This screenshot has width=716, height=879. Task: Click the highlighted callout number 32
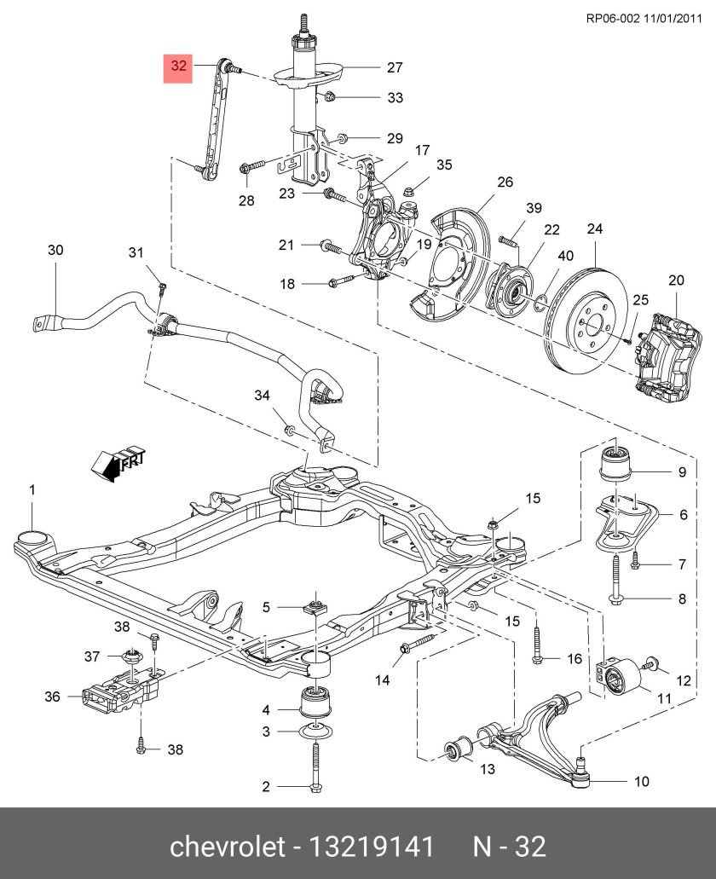(179, 66)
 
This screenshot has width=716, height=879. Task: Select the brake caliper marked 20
(666, 355)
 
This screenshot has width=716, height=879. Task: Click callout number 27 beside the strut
(395, 67)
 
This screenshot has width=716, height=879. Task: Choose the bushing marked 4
(316, 702)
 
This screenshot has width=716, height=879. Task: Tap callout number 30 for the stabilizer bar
(55, 250)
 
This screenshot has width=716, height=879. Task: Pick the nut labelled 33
(332, 96)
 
